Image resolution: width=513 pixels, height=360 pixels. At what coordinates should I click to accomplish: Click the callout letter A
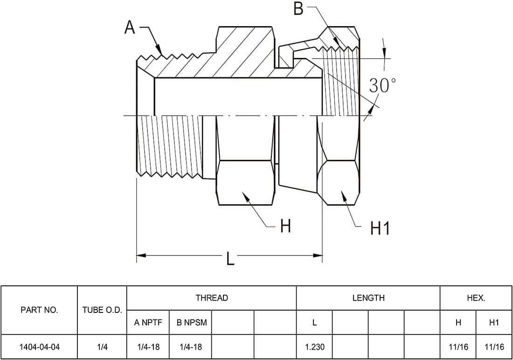(x=130, y=28)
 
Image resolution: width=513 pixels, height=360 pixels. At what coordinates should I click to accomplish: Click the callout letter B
(x=298, y=8)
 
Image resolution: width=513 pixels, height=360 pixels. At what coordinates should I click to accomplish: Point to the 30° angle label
(x=382, y=85)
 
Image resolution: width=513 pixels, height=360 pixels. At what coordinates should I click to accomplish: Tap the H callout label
(x=285, y=226)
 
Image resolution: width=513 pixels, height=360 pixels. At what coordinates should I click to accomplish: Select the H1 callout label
(x=380, y=228)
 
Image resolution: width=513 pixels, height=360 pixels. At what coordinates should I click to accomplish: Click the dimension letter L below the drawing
(x=231, y=257)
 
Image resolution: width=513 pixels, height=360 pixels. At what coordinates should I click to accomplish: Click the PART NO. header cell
(x=39, y=310)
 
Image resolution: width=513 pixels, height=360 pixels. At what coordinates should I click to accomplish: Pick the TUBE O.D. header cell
(x=102, y=310)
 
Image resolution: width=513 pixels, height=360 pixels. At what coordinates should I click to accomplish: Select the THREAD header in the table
(x=212, y=298)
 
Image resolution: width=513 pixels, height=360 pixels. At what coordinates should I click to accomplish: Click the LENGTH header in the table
(x=368, y=298)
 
